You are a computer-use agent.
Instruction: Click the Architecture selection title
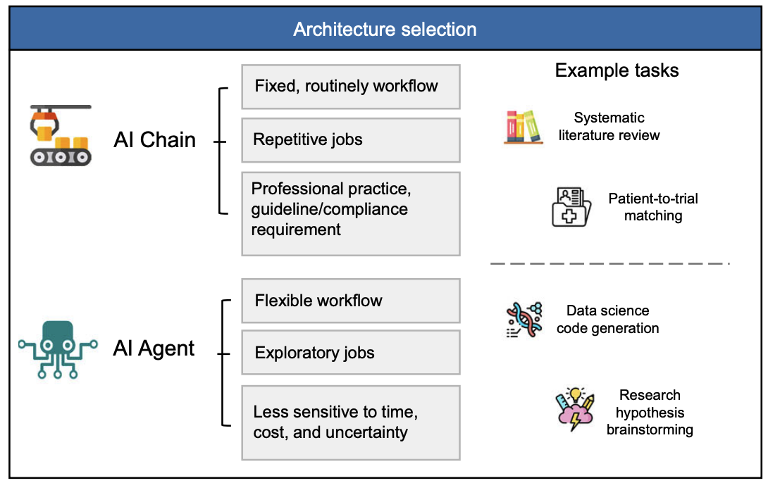point(385,30)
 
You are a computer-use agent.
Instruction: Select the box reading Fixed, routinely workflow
point(350,87)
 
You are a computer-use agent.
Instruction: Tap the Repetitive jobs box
point(350,139)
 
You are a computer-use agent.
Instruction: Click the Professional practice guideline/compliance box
point(350,213)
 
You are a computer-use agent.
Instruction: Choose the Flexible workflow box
point(350,301)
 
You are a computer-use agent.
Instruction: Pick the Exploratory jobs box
point(350,353)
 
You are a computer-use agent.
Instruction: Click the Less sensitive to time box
point(350,422)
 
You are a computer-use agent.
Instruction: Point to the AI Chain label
point(154,139)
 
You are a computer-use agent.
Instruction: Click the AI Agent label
point(154,349)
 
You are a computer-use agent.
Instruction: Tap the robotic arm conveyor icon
point(60,135)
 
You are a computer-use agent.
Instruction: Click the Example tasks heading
point(617,70)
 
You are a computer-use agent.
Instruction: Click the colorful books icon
point(524,127)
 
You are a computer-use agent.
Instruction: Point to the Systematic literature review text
point(609,127)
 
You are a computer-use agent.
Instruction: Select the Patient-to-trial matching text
point(653,207)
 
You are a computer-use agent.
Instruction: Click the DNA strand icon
point(524,321)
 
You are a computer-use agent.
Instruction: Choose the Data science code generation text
point(607,320)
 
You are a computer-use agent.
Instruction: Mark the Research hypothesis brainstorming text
point(650,412)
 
